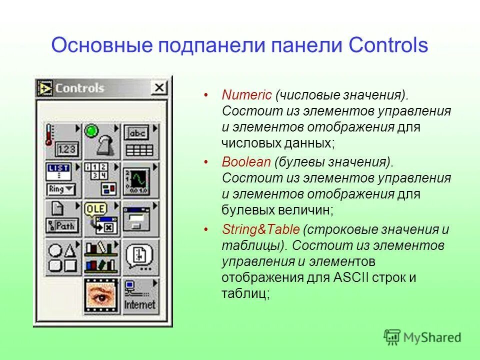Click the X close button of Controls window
(159, 88)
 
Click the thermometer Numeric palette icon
(63, 141)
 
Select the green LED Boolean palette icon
(101, 141)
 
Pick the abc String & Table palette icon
(140, 141)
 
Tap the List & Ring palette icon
(63, 179)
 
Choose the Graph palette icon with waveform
(140, 179)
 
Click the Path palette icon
(63, 218)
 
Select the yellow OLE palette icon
(101, 218)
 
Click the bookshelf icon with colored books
(101, 256)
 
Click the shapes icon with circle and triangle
(63, 256)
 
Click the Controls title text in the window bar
(79, 88)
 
